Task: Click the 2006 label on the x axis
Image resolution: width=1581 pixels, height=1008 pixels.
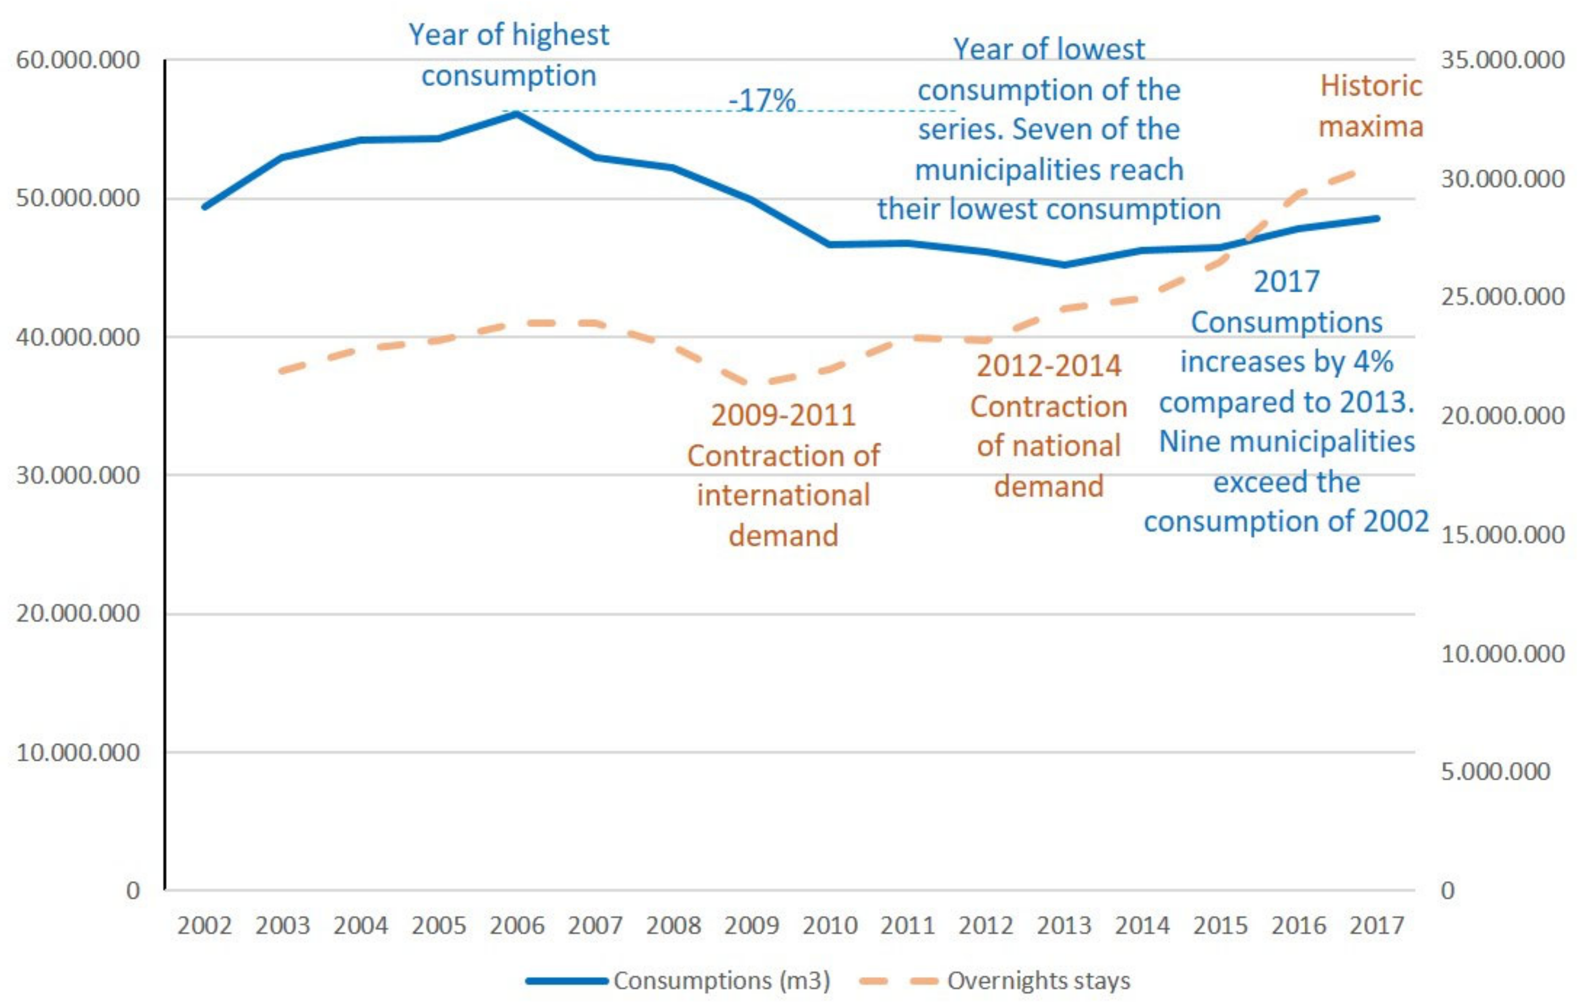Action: coord(517,926)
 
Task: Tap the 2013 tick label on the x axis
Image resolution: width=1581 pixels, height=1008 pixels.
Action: coord(1063,926)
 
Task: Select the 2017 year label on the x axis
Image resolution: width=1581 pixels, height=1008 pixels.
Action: coord(1377,926)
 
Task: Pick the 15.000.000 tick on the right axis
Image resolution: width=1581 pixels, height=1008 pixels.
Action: coord(1502,535)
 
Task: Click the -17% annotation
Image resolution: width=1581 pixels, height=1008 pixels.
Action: coord(761,100)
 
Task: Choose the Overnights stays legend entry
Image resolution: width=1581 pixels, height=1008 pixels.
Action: coord(1038,981)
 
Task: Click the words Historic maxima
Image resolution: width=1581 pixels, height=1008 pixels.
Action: coord(1371,106)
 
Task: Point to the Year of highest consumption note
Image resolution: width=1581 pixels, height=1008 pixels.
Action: coord(509,55)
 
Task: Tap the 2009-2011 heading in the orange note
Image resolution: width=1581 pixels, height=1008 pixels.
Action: coord(783,415)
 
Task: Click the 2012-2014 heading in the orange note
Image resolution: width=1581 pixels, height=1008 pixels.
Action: coord(1048,366)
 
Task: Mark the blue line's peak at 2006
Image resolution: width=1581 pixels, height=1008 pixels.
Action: coord(517,114)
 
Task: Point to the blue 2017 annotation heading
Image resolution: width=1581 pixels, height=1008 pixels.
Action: coord(1286,281)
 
